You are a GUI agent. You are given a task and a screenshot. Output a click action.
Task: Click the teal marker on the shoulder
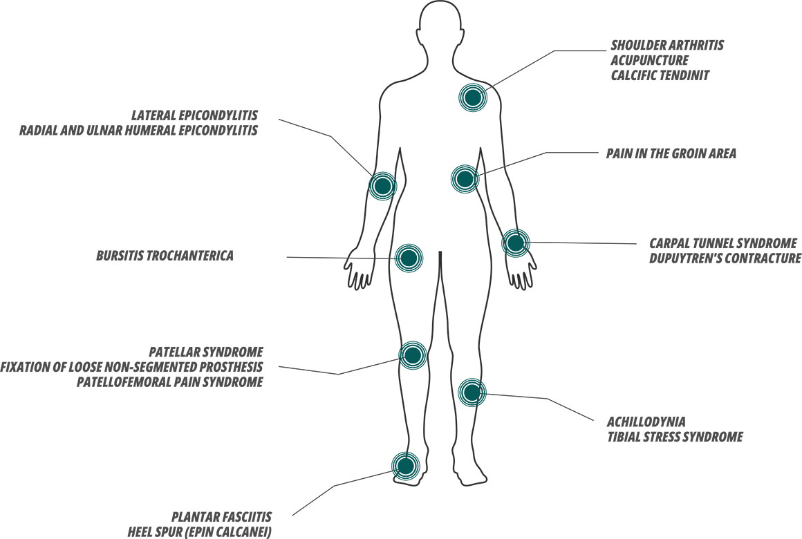[473, 97]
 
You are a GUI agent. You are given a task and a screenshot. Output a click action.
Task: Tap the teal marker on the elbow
[382, 185]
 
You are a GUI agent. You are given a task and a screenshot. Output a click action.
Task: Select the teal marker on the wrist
[515, 243]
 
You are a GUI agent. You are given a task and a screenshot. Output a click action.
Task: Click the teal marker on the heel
[405, 465]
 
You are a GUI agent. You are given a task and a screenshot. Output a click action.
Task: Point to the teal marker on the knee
[413, 355]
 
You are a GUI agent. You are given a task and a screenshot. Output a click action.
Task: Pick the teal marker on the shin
[472, 393]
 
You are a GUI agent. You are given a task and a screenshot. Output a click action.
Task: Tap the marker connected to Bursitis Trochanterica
[409, 258]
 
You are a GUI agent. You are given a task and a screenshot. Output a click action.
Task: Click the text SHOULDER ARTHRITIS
[667, 46]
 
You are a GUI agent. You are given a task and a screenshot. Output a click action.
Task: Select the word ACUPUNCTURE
[649, 60]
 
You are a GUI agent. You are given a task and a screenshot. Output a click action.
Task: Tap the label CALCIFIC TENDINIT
[660, 75]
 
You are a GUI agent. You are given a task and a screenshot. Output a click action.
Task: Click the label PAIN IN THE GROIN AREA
[671, 154]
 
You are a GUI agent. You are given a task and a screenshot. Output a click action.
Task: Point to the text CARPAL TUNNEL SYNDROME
[723, 244]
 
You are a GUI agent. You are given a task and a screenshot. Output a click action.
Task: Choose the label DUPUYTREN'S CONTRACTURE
[725, 258]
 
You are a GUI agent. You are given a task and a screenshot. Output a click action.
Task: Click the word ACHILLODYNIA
[646, 422]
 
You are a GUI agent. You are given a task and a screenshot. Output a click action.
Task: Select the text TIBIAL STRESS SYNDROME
[674, 437]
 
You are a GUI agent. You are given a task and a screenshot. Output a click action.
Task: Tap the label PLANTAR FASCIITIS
[222, 518]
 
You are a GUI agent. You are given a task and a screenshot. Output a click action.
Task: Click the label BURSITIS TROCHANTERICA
[165, 256]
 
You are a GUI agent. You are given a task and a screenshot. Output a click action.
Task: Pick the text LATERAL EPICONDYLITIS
[196, 115]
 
